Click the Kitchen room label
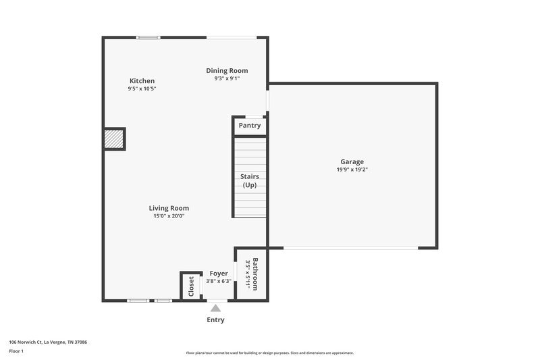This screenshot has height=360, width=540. point(142,81)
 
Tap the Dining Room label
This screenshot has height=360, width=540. point(227,70)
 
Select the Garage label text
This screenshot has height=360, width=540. point(352,162)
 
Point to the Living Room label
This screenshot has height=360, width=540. point(169,208)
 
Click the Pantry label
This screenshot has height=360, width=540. point(250,126)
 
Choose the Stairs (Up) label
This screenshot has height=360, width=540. point(250,181)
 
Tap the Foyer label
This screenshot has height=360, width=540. point(219,274)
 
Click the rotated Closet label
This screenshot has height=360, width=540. point(191,286)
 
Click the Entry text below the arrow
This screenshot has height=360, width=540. point(215,320)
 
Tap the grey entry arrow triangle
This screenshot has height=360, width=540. point(215,308)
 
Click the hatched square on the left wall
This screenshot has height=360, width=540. point(114,139)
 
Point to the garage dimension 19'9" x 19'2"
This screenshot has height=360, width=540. point(352,170)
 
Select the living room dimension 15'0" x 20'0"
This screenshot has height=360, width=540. point(169,216)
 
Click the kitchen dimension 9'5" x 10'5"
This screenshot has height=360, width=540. point(142,89)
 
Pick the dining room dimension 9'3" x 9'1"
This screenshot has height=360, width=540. point(227,78)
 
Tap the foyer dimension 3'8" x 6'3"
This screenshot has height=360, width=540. point(219,282)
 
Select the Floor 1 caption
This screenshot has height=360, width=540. point(16,351)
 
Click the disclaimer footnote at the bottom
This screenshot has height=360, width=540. point(269,353)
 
